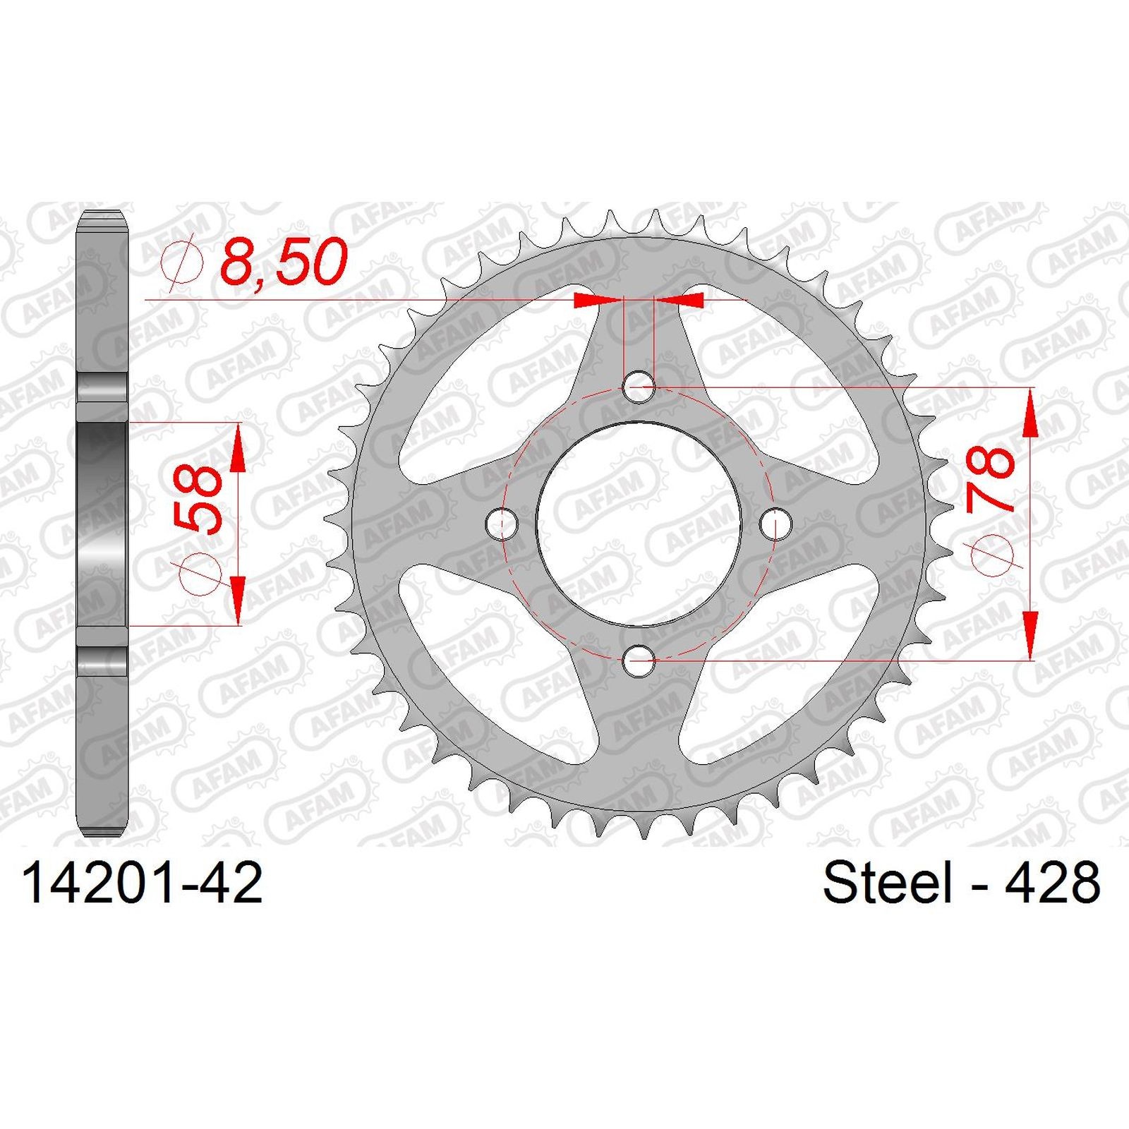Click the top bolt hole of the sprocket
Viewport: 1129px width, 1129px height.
(x=639, y=386)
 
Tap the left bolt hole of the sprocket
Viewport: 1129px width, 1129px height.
(x=502, y=524)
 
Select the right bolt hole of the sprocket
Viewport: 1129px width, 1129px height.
(x=776, y=524)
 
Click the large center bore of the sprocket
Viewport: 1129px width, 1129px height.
(x=639, y=524)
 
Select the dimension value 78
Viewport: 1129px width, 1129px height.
(x=990, y=478)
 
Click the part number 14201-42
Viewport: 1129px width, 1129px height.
(x=143, y=883)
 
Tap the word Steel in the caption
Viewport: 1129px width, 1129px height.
(x=887, y=883)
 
